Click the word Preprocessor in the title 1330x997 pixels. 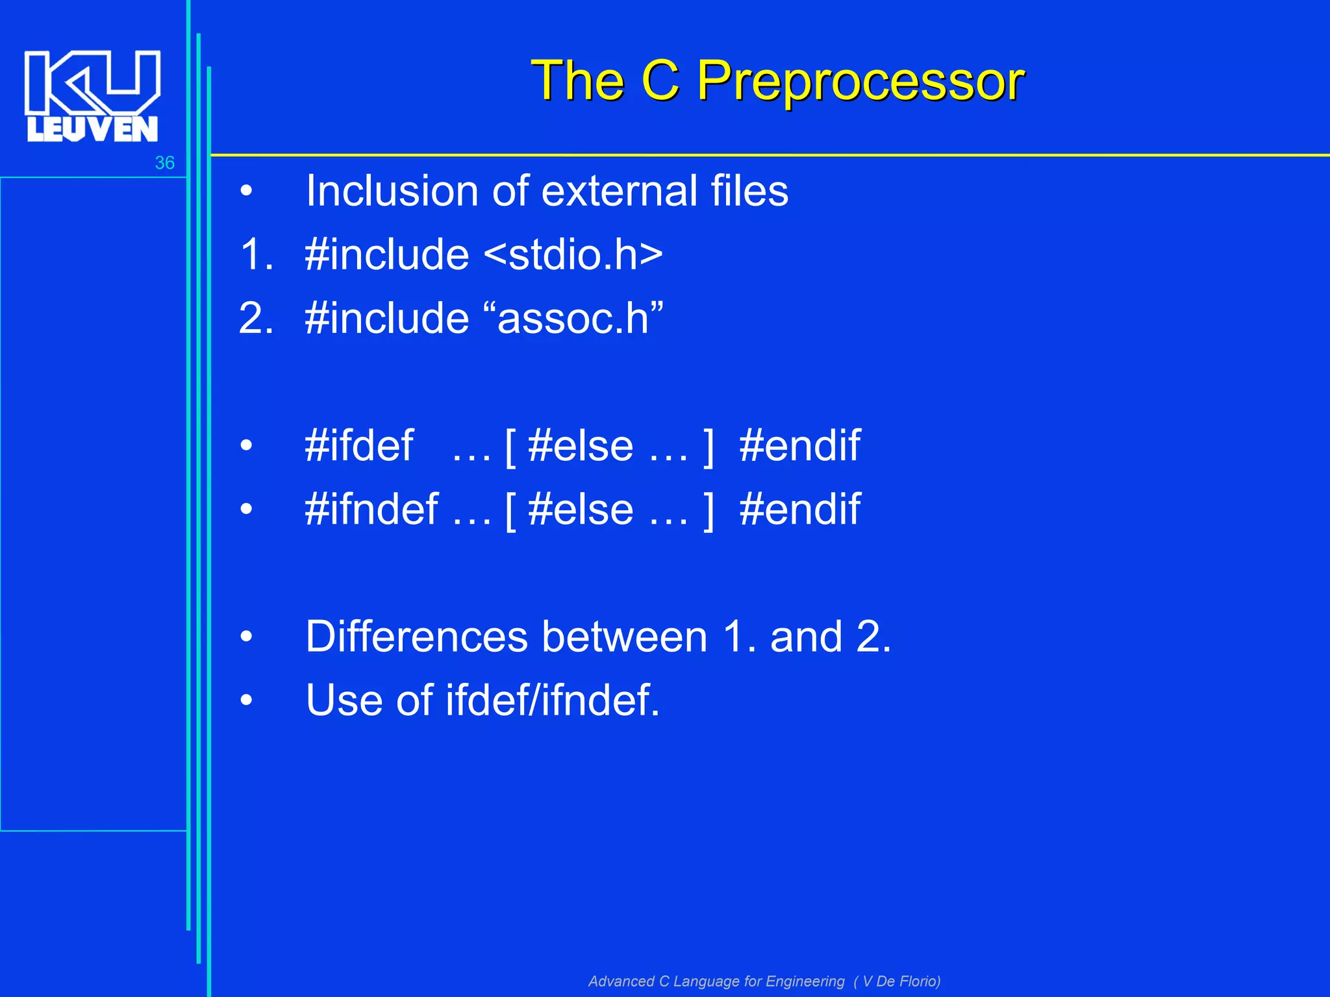[860, 81]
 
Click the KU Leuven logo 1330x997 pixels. [92, 96]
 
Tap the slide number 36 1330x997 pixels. [164, 163]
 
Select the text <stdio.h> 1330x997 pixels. [573, 254]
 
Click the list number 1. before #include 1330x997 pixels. [257, 254]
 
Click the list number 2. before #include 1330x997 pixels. [257, 318]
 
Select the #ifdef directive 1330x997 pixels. [358, 446]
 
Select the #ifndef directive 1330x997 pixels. [371, 509]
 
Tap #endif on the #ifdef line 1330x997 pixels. [799, 446]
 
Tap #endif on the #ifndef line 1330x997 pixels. [799, 509]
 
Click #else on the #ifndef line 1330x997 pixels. [581, 509]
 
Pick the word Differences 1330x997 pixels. [416, 637]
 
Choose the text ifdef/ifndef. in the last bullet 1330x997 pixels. [552, 700]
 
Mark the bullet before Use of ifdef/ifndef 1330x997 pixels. [246, 700]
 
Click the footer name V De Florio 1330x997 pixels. [899, 981]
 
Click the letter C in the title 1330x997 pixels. [660, 81]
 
